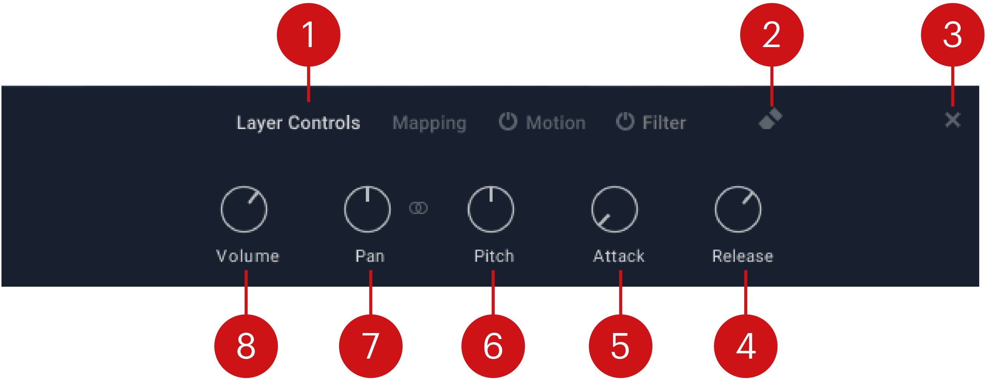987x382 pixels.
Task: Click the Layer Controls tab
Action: pyautogui.click(x=298, y=123)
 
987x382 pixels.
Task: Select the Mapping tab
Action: pyautogui.click(x=429, y=123)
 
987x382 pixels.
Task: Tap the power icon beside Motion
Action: pyautogui.click(x=508, y=121)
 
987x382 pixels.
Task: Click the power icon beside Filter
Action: pyautogui.click(x=625, y=121)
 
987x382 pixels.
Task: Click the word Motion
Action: pyautogui.click(x=556, y=123)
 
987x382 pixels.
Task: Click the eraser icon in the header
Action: pyautogui.click(x=770, y=119)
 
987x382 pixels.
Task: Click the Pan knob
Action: pyautogui.click(x=367, y=210)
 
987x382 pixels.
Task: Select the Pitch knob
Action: pyautogui.click(x=490, y=210)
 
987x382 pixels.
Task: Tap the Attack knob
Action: pyautogui.click(x=614, y=210)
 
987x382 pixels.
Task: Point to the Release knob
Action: pyautogui.click(x=738, y=210)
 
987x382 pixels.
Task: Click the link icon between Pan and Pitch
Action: pyautogui.click(x=418, y=208)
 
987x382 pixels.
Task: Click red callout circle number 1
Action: pyautogui.click(x=308, y=35)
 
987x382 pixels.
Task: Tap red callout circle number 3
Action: pyautogui.click(x=952, y=35)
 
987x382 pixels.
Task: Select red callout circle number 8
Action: pyautogui.click(x=246, y=346)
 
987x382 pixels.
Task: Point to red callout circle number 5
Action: pyautogui.click(x=620, y=346)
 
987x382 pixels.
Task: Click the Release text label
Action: pyautogui.click(x=742, y=256)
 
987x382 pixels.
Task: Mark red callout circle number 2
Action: pyautogui.click(x=771, y=35)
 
